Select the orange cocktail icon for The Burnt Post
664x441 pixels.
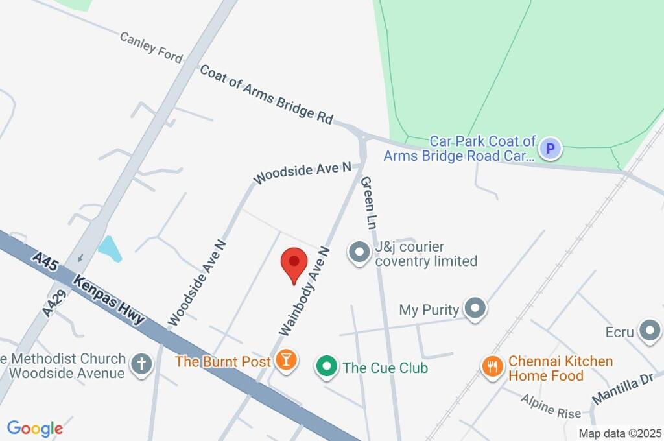click(285, 360)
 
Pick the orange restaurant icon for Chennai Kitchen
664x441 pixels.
click(493, 367)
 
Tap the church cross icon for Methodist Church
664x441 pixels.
click(140, 364)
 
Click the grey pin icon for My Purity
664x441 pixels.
click(476, 309)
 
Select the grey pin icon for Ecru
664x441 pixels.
click(648, 331)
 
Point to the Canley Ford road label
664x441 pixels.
click(151, 47)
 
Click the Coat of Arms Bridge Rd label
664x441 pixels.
click(267, 94)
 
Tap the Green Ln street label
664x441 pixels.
click(368, 202)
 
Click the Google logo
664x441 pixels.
click(35, 428)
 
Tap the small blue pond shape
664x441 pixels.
click(110, 248)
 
